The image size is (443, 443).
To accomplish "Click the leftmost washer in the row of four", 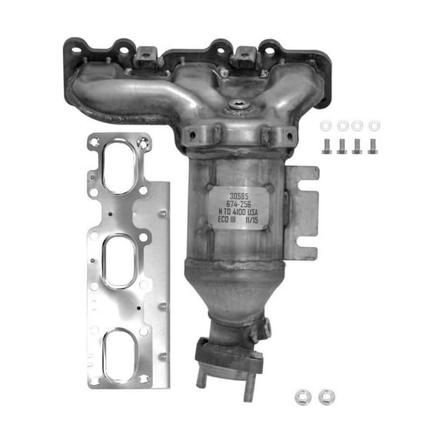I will [x=326, y=125].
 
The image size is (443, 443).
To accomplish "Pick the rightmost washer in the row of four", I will [x=374, y=125].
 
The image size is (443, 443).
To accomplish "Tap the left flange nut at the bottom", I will [x=302, y=398].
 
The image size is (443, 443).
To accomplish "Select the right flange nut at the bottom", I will [x=325, y=398].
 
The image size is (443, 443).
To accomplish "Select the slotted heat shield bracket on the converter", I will [x=301, y=213].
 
